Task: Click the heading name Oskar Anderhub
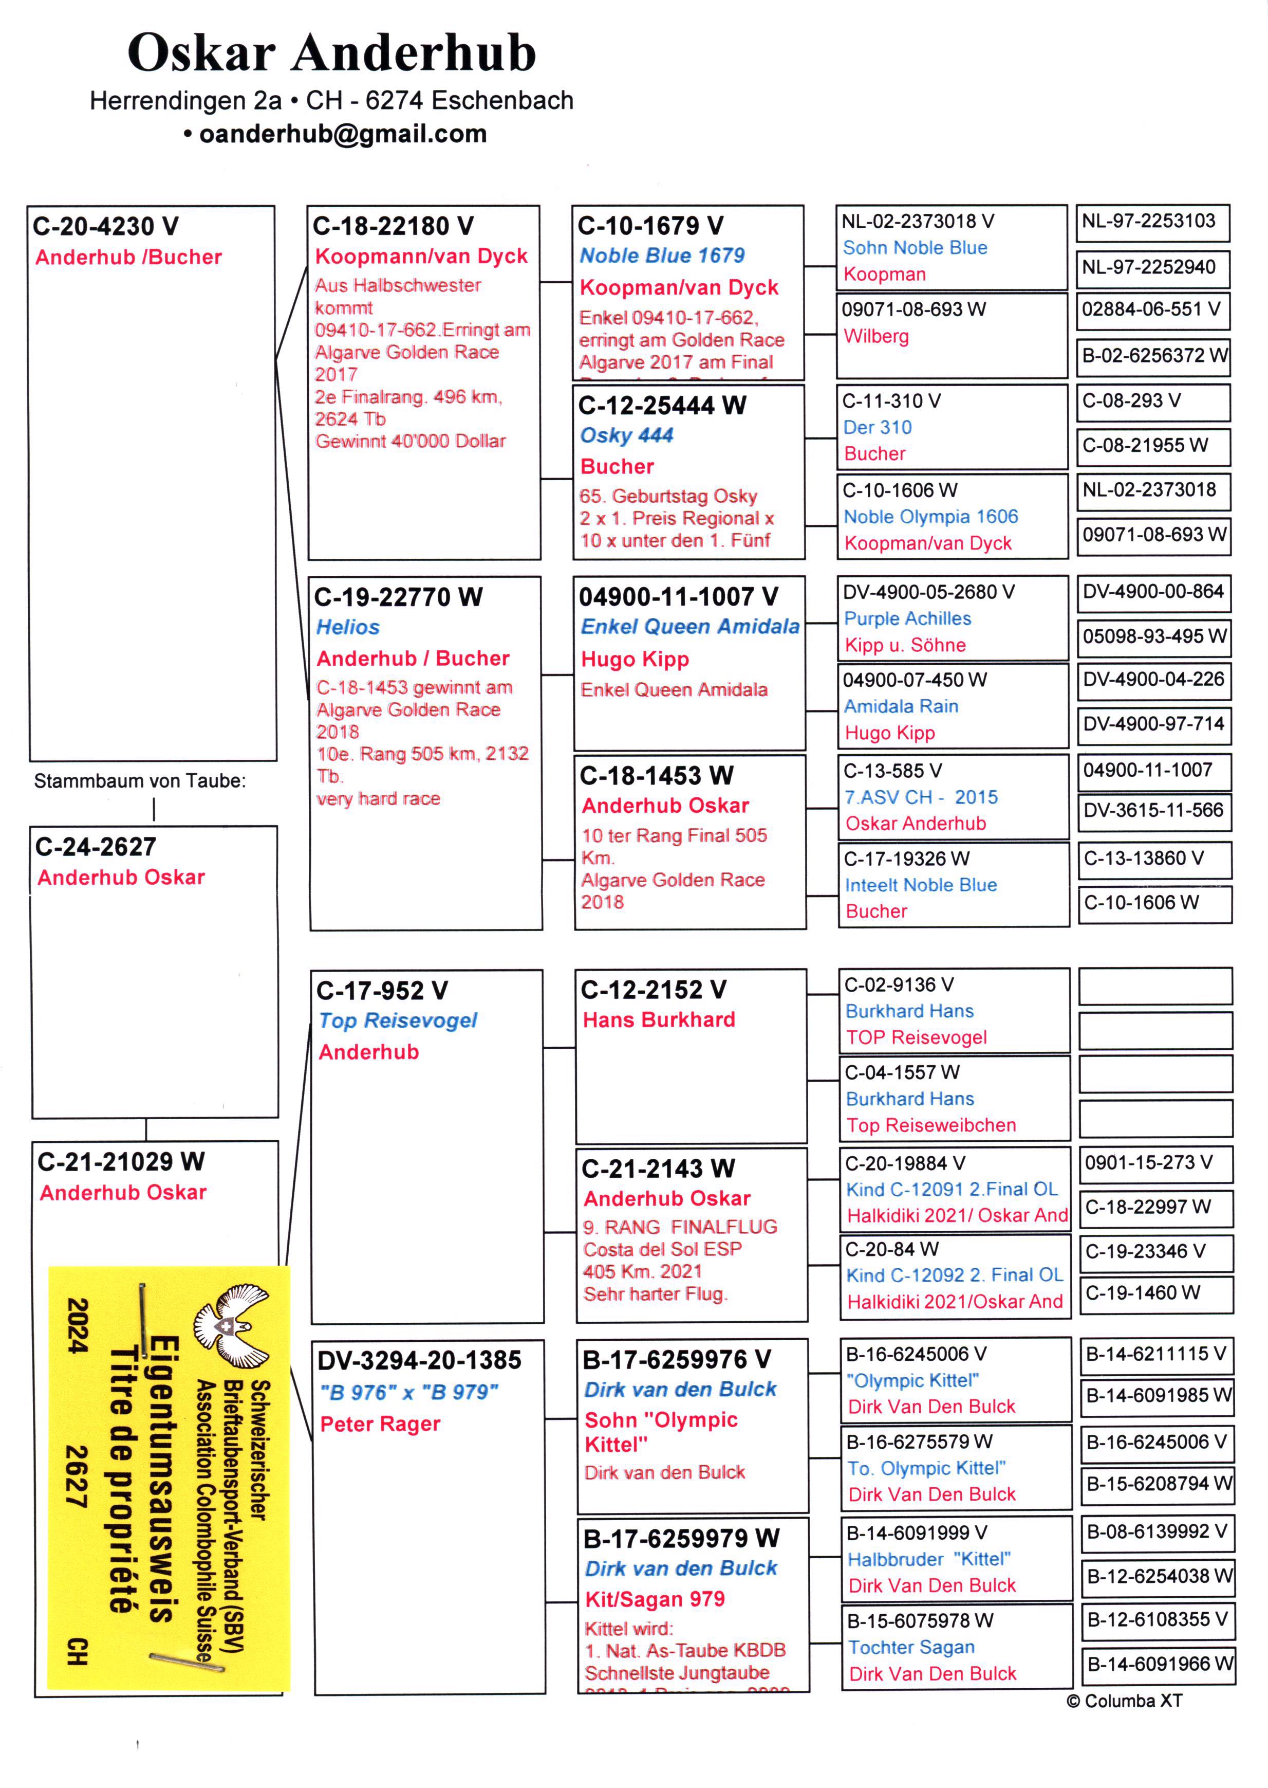pyautogui.click(x=332, y=53)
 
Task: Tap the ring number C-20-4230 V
pyautogui.click(x=106, y=227)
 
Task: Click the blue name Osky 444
pyautogui.click(x=626, y=435)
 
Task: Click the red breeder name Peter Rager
pyautogui.click(x=380, y=1424)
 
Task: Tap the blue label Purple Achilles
pyautogui.click(x=907, y=618)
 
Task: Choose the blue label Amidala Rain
pyautogui.click(x=901, y=706)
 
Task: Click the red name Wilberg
pyautogui.click(x=876, y=337)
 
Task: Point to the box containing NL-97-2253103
pyautogui.click(x=1152, y=223)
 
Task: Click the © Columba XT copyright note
pyautogui.click(x=1124, y=1701)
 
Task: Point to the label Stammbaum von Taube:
pyautogui.click(x=140, y=781)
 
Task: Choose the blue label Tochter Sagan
pyautogui.click(x=911, y=1648)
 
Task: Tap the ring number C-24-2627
pyautogui.click(x=96, y=847)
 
